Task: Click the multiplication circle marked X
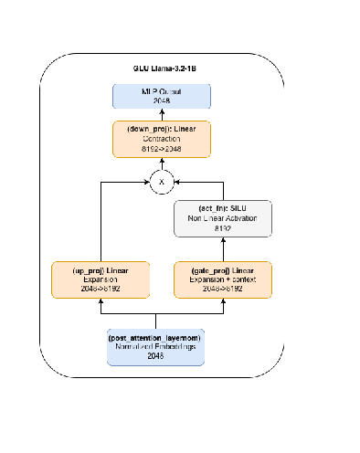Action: [163, 182]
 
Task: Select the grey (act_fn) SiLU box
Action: [223, 217]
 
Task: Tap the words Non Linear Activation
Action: [223, 217]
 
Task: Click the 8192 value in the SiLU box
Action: [223, 227]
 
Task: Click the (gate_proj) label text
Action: [223, 271]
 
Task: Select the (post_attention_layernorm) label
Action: [155, 338]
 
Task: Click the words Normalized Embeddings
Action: [155, 348]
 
